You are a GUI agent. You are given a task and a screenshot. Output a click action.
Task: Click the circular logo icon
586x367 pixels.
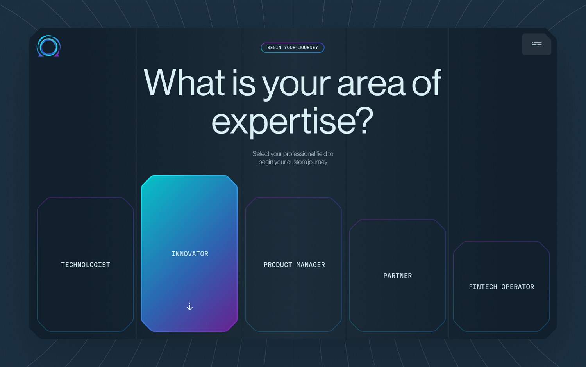tap(48, 46)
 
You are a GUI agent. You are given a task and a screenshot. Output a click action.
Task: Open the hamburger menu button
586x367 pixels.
tap(536, 45)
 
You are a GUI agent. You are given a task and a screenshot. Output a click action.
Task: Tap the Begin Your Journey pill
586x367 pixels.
tap(293, 48)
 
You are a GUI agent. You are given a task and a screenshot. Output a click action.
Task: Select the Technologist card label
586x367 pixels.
tap(86, 265)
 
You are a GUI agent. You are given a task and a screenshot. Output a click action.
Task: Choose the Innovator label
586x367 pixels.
tap(190, 254)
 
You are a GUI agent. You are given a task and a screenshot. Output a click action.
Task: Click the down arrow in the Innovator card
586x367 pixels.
tap(189, 306)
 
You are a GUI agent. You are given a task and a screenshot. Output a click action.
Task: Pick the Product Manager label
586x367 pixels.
tap(294, 265)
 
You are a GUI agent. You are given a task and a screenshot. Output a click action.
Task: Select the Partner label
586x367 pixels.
tap(397, 276)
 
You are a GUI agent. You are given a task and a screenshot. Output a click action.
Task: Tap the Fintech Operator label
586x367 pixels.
tap(501, 287)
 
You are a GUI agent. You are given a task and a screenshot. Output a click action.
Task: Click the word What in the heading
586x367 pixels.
tap(184, 83)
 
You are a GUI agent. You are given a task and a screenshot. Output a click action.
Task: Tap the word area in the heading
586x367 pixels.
tap(371, 83)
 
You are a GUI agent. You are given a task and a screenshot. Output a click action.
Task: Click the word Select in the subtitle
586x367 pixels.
tap(261, 154)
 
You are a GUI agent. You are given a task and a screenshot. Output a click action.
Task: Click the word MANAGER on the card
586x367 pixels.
tap(311, 265)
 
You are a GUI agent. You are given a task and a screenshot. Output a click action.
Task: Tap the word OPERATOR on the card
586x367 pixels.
tap(518, 287)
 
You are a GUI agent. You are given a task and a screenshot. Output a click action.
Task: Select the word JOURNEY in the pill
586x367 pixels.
tap(308, 48)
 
